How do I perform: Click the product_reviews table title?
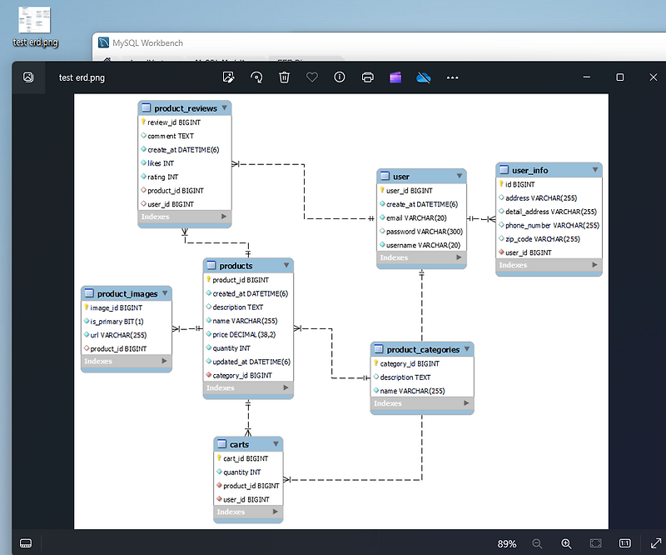pos(185,108)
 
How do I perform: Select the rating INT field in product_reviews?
pos(162,177)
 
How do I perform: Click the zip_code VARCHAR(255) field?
pos(542,238)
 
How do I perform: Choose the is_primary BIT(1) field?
pos(117,321)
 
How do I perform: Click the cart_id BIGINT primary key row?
pos(245,458)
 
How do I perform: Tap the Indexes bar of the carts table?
pos(248,512)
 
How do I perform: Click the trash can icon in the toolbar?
pos(284,77)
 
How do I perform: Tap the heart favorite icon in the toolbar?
pos(312,77)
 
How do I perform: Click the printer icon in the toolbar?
pos(367,77)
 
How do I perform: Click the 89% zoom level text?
pos(507,543)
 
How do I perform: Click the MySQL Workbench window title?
pos(149,42)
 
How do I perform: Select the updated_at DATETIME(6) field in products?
pos(251,362)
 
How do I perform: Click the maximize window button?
pos(620,77)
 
